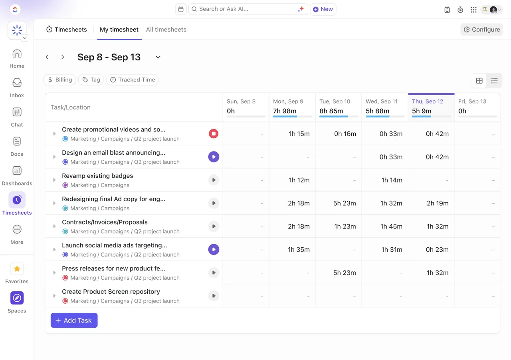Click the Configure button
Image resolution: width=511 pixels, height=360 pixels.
[x=481, y=30]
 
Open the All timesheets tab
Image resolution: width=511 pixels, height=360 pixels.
[x=166, y=30]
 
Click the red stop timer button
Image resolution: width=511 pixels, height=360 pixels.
[x=214, y=133]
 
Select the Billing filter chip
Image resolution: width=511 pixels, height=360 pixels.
[x=60, y=80]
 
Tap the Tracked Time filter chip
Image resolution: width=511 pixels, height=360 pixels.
[x=133, y=80]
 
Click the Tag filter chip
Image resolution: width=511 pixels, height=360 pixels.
[x=91, y=80]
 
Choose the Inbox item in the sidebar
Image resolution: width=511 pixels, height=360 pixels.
[x=17, y=88]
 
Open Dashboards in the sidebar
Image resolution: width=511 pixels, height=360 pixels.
[x=17, y=176]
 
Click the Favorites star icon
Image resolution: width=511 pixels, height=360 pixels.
[x=17, y=269]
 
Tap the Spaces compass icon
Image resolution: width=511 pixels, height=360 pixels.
[x=17, y=298]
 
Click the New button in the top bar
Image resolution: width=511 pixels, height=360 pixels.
[x=323, y=9]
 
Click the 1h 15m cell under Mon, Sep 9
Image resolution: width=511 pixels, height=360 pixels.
[x=299, y=133]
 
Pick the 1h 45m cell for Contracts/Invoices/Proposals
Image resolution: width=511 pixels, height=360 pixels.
[x=391, y=226]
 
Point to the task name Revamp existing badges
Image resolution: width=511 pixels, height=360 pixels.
[x=97, y=176]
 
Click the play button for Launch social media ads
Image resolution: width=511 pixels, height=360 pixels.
[x=214, y=249]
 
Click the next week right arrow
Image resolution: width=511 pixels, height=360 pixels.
[x=63, y=57]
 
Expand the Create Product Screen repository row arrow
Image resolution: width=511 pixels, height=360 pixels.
[x=54, y=296]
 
